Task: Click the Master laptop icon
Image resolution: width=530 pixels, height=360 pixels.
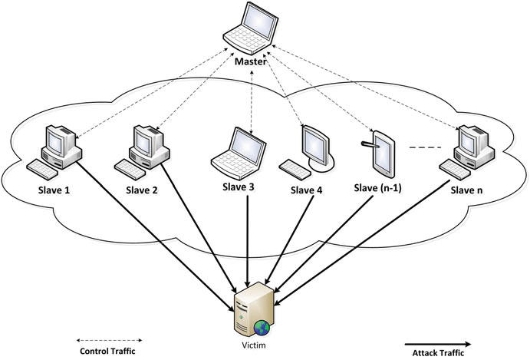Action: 250,28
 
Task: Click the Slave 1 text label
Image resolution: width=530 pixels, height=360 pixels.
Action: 55,188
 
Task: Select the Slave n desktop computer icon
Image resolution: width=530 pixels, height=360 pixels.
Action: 466,150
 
